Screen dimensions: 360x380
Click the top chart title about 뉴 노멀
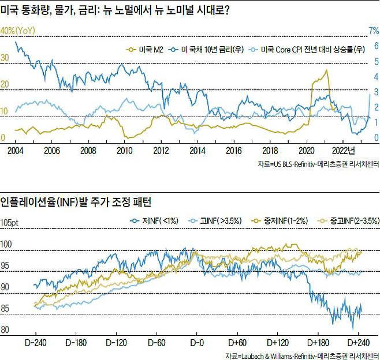pyautogui.click(x=116, y=11)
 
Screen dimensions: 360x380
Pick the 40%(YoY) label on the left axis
pyautogui.click(x=19, y=30)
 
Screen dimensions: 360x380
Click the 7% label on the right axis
pyautogui.click(x=373, y=30)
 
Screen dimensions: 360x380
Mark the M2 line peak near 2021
pyautogui.click(x=326, y=70)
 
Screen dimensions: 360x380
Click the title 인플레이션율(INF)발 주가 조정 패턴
pyautogui.click(x=76, y=202)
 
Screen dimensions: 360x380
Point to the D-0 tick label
pyautogui.click(x=196, y=342)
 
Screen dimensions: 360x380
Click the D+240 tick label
pyautogui.click(x=359, y=342)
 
